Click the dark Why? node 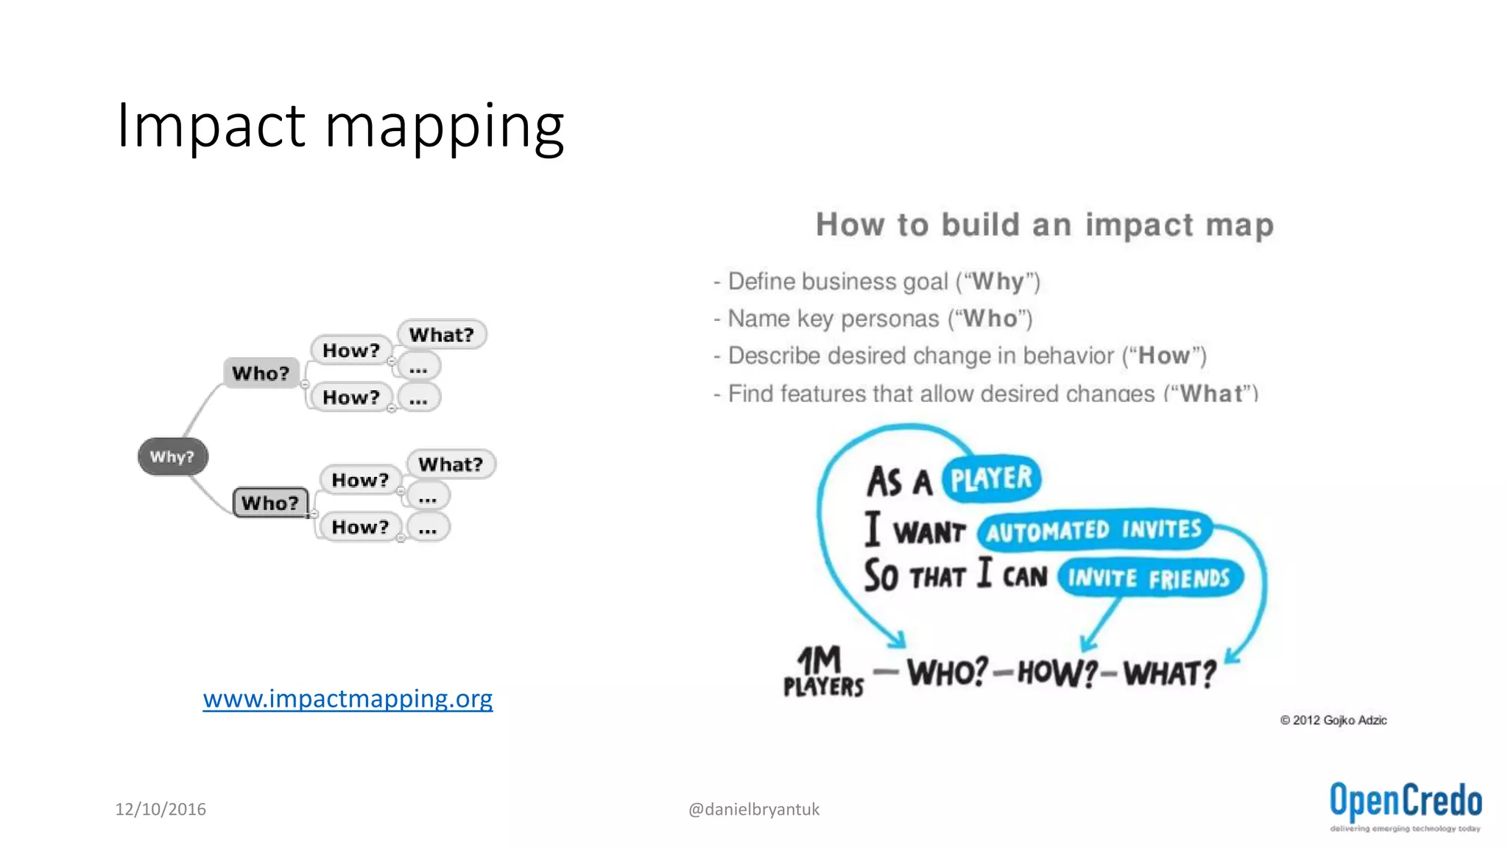click(173, 456)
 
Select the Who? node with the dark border click(270, 503)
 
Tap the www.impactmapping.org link click(348, 698)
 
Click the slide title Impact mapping click(340, 126)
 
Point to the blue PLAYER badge click(991, 479)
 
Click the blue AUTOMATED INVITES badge click(1094, 530)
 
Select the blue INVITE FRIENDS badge click(1149, 579)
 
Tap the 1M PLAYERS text click(822, 671)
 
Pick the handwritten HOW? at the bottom click(1057, 673)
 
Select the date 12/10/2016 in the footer click(161, 809)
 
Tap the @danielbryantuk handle click(753, 809)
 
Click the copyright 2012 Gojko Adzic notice click(1333, 720)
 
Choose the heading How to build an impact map click(1044, 225)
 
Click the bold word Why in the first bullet click(998, 281)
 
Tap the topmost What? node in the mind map click(442, 335)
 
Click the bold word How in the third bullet click(1163, 356)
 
